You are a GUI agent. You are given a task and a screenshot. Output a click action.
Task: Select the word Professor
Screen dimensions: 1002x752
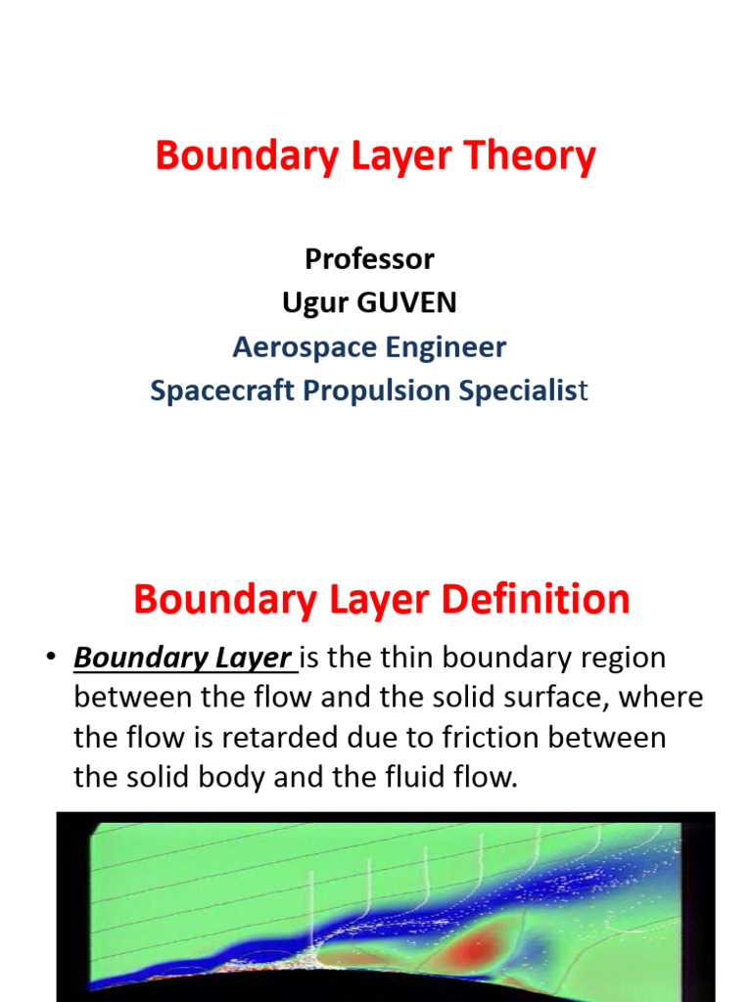click(369, 259)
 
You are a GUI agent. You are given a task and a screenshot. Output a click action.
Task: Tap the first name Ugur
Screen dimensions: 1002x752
click(314, 303)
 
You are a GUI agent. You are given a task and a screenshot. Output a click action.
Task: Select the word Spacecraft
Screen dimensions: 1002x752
click(222, 391)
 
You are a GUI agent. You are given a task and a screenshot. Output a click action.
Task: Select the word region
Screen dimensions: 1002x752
click(620, 659)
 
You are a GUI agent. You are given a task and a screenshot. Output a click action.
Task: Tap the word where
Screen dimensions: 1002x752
click(667, 699)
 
